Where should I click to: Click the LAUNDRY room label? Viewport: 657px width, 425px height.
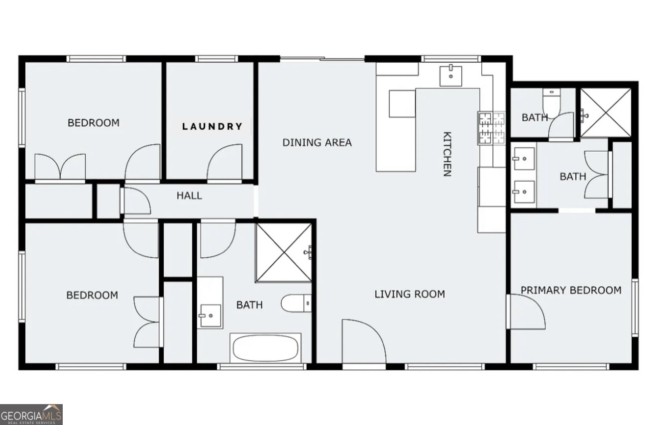212,126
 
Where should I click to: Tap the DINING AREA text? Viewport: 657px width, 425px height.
317,143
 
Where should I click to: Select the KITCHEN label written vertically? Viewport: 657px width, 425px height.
447,154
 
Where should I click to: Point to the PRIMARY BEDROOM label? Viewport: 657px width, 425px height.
571,290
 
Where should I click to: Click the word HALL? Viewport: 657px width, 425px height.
189,196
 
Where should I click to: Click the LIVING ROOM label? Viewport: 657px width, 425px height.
410,294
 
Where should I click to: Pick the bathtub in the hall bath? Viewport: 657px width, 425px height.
265,348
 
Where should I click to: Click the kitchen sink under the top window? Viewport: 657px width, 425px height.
450,76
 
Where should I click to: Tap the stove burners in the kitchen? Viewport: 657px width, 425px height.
491,128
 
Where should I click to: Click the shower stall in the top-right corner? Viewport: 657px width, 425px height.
606,112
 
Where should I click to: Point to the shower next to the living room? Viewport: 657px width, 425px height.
284,252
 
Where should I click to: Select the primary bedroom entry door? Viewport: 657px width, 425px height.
526,312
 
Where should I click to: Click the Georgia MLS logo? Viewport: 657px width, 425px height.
31,414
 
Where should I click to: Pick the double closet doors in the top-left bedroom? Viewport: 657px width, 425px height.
60,166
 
